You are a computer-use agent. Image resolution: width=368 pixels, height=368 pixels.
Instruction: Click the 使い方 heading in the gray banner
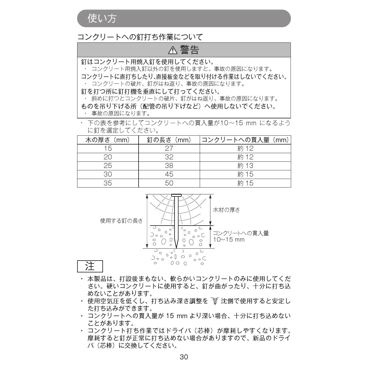coord(102,18)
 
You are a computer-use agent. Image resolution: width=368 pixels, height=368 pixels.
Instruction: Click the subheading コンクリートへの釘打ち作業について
coord(140,37)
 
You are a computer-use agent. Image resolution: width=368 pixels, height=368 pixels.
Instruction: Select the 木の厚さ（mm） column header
coord(108,140)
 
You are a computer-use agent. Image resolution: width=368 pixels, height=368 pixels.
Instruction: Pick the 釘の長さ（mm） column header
coord(169,140)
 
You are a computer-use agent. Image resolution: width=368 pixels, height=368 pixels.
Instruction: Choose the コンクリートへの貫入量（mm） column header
coord(245,140)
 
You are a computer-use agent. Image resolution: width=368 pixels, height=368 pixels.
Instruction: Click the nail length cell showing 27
coord(169,149)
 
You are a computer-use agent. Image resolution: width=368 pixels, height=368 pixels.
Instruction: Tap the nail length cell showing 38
coord(169,166)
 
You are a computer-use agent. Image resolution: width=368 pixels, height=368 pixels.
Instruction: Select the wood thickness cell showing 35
coord(108,183)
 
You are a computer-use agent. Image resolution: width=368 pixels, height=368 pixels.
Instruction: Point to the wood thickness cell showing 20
coord(108,157)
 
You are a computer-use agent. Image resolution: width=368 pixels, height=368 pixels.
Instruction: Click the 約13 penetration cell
coord(245,166)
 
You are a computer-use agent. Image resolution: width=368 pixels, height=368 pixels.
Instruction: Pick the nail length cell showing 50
coord(169,183)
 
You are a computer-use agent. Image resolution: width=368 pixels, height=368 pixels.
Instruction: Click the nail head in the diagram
coord(176,195)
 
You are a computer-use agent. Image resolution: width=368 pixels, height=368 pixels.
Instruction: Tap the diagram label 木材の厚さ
coord(226,210)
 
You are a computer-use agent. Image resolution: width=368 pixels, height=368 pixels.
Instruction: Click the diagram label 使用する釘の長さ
coord(121,221)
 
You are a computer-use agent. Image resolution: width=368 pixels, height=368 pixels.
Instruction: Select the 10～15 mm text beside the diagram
coord(229,239)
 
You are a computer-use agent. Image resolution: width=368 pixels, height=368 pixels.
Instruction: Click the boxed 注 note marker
coord(90,266)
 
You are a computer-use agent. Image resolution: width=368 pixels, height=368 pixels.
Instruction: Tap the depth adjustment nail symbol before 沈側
coord(215,301)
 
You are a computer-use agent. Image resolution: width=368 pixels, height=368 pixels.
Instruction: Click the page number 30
coord(184,357)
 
